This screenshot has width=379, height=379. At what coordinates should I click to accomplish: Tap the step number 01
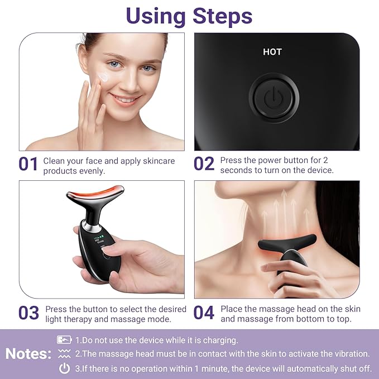pos(28,164)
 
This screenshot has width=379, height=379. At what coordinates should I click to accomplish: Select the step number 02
pos(204,164)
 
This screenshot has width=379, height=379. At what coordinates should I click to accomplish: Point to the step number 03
pos(28,313)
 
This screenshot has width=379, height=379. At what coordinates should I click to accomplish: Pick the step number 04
pos(204,313)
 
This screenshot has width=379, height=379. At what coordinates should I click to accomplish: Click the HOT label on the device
pos(272,52)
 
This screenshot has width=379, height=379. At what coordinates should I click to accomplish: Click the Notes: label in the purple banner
pos(28,353)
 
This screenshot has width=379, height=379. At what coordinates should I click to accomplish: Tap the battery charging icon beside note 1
pos(64,339)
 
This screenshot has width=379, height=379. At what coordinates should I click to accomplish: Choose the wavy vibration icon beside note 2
pos(64,354)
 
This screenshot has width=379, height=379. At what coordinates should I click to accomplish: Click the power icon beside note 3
pos(65,368)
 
